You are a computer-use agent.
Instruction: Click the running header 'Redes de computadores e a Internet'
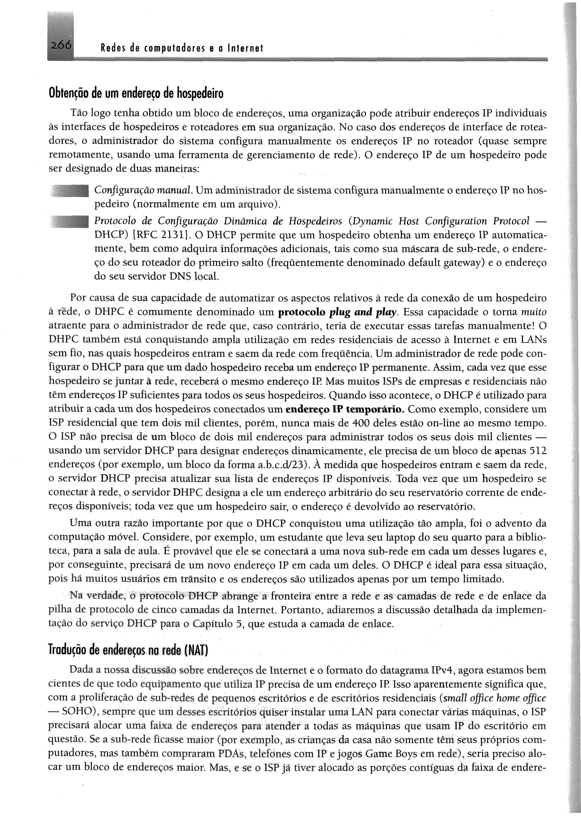coord(182,48)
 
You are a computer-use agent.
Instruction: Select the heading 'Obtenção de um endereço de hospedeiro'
coord(136,93)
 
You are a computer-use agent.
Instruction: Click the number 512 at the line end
coord(537,451)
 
